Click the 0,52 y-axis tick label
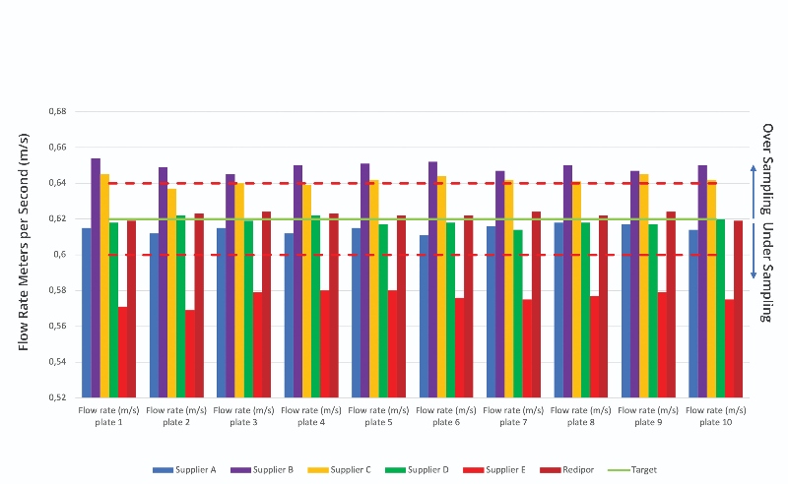click(56, 397)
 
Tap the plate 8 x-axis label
click(581, 415)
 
